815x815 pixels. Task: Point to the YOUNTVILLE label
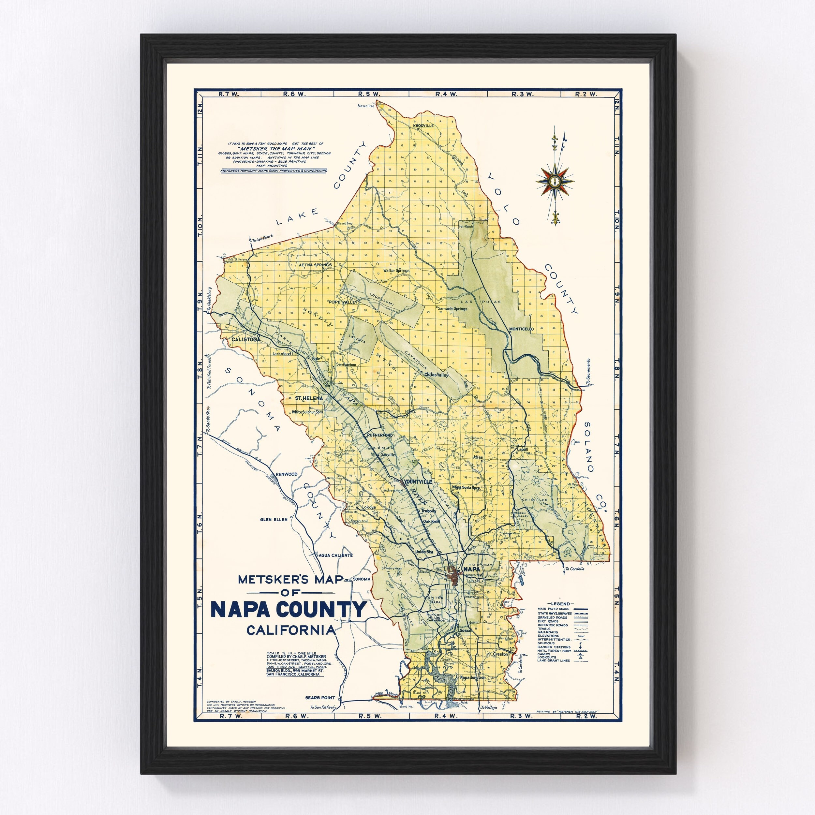pyautogui.click(x=418, y=481)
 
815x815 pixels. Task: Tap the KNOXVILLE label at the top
pyautogui.click(x=424, y=126)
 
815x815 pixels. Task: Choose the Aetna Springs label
pyautogui.click(x=316, y=265)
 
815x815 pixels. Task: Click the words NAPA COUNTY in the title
pyautogui.click(x=289, y=610)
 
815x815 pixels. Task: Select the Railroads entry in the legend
pyautogui.click(x=548, y=632)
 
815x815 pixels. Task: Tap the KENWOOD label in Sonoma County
pyautogui.click(x=287, y=474)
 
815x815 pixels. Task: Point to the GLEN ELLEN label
pyautogui.click(x=274, y=520)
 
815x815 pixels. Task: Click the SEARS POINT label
pyautogui.click(x=320, y=698)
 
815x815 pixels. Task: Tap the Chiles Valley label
pyautogui.click(x=437, y=375)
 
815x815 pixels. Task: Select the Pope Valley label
pyautogui.click(x=343, y=302)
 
